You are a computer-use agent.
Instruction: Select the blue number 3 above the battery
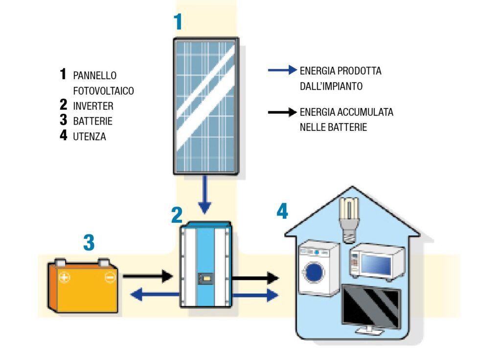pyautogui.click(x=89, y=243)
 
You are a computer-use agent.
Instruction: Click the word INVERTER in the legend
pyautogui.click(x=93, y=106)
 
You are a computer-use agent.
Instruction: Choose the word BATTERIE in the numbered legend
pyautogui.click(x=92, y=121)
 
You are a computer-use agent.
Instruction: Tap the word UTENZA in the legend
pyautogui.click(x=90, y=137)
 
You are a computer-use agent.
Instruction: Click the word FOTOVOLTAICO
pyautogui.click(x=103, y=91)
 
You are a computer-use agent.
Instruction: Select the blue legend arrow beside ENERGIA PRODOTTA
pyautogui.click(x=282, y=70)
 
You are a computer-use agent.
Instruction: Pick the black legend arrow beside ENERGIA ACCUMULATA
pyautogui.click(x=282, y=112)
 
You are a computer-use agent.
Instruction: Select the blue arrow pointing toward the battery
pyautogui.click(x=155, y=294)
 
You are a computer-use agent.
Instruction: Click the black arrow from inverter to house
pyautogui.click(x=254, y=279)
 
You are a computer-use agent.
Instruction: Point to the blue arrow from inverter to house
pyautogui.click(x=254, y=296)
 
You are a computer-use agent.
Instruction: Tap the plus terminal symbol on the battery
pyautogui.click(x=64, y=278)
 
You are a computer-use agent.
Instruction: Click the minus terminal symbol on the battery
pyautogui.click(x=110, y=278)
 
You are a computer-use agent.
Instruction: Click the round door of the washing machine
pyautogui.click(x=315, y=271)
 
